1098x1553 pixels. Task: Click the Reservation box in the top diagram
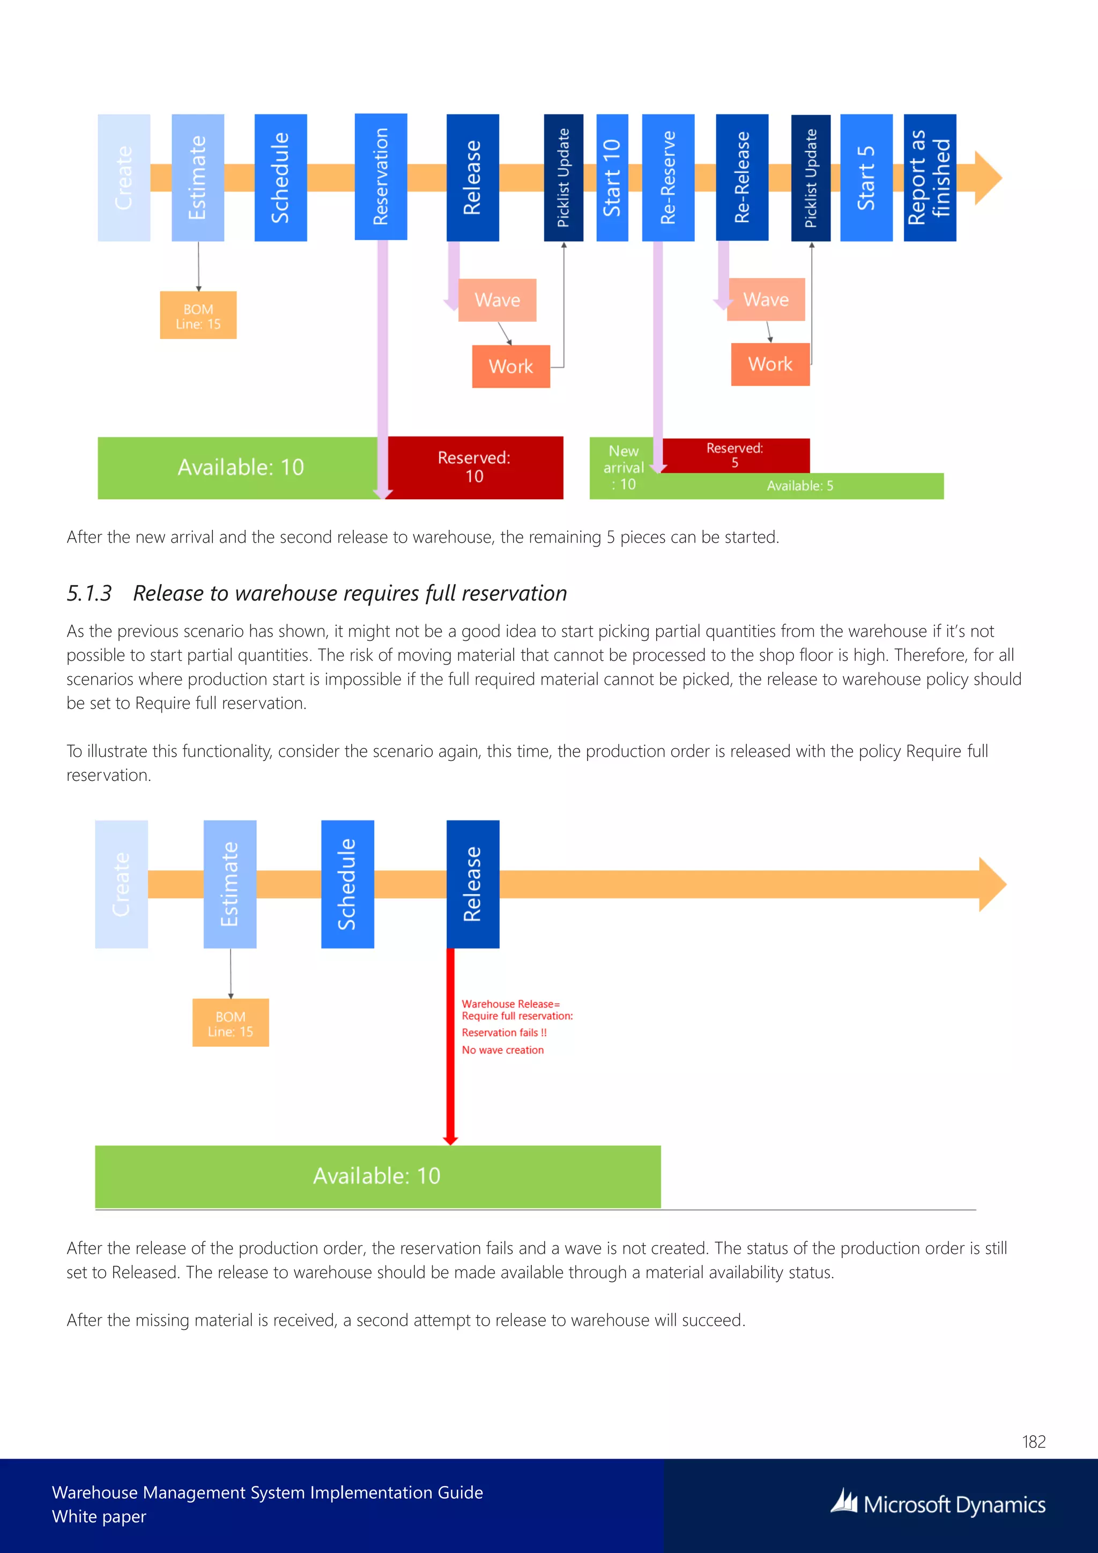pos(381,176)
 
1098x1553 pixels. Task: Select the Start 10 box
pos(612,177)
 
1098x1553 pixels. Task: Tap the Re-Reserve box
pos(668,177)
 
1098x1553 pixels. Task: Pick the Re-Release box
pos(741,177)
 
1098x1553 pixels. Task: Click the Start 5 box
pos(866,177)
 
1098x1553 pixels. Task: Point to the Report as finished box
pos(930,177)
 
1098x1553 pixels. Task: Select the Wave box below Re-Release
pos(766,300)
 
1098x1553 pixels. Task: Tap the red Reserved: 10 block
pos(474,467)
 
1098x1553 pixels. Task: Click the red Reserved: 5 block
pos(735,455)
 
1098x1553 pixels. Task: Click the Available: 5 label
pos(800,486)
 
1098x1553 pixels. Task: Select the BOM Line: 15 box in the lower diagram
pos(231,1023)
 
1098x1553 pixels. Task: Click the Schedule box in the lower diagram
pos(347,884)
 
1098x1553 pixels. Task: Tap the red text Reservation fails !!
pos(504,1032)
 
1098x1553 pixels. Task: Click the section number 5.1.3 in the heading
pos(88,593)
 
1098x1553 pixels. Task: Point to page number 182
pos(1034,1442)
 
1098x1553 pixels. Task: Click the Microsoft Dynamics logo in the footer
pos(938,1504)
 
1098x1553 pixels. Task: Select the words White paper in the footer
pos(99,1517)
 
